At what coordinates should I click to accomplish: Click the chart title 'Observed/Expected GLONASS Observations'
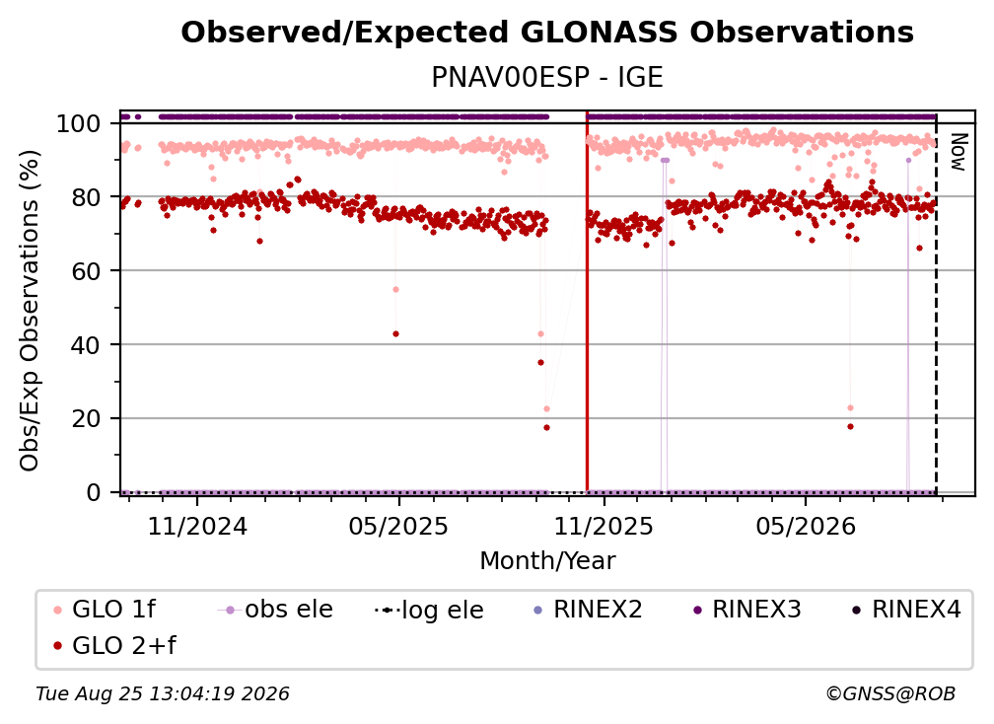(547, 33)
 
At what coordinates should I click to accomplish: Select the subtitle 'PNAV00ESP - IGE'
(547, 78)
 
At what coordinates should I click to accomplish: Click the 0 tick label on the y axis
(94, 492)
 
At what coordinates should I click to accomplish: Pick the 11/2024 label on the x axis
(197, 526)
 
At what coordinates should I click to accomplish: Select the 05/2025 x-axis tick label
(398, 526)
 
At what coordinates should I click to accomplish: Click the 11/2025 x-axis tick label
(603, 526)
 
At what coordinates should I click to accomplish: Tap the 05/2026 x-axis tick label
(805, 526)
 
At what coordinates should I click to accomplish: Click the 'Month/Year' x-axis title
(547, 561)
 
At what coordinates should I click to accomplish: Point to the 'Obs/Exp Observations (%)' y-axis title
(30, 311)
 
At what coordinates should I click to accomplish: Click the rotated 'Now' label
(958, 152)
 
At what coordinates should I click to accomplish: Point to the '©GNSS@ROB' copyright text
(890, 694)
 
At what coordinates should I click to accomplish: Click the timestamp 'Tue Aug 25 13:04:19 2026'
(163, 694)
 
